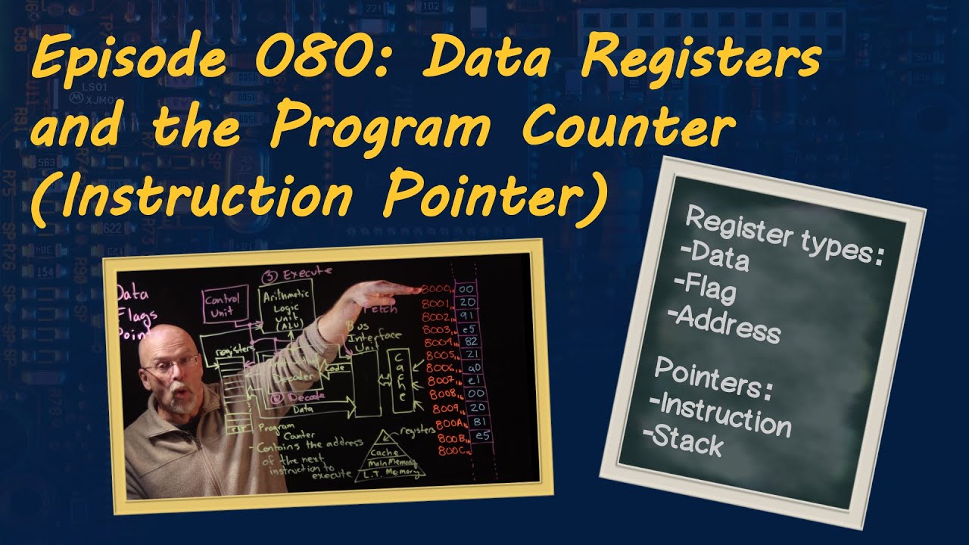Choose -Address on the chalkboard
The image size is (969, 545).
tap(726, 325)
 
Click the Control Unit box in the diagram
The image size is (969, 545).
tap(222, 305)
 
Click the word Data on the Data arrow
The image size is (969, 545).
tap(302, 409)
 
